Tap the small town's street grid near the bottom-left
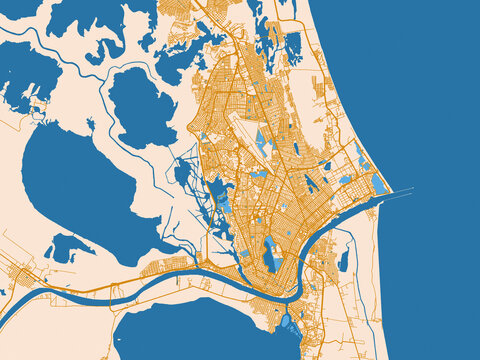[20, 272]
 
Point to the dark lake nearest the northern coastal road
[293, 45]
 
